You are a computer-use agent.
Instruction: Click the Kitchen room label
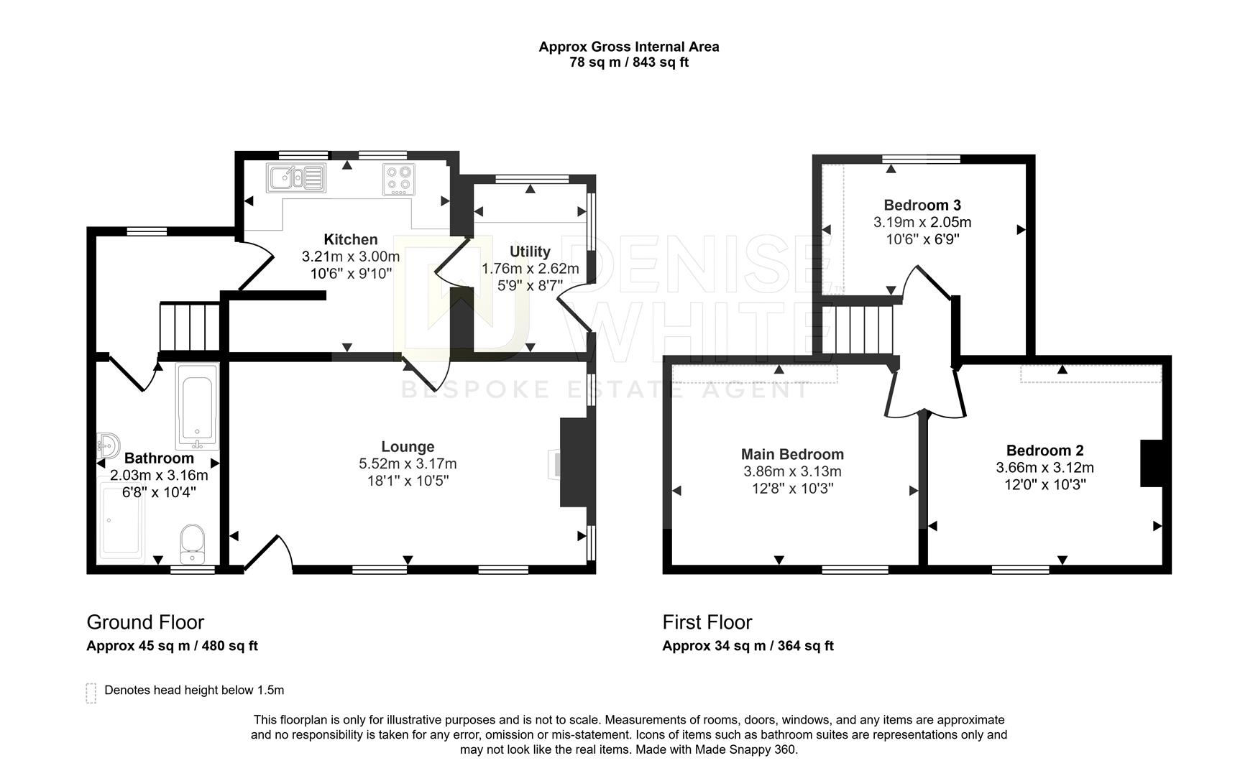(350, 240)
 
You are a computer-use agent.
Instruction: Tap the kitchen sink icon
(295, 177)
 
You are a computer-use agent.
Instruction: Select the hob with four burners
(399, 179)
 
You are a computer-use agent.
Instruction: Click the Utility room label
(530, 251)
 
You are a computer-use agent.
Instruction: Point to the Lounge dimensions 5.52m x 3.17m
(408, 464)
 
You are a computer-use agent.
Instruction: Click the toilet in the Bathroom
(192, 544)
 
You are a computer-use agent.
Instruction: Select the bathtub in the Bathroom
(196, 406)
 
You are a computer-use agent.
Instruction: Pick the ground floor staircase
(189, 327)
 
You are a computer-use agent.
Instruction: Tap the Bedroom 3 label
(922, 205)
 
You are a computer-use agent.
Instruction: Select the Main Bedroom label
(792, 454)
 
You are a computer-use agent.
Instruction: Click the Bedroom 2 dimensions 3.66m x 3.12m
(1044, 468)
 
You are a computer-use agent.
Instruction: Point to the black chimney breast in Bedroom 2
(1151, 463)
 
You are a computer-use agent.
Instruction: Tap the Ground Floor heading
(145, 622)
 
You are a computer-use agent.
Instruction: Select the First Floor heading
(707, 622)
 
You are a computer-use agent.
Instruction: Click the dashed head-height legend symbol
(91, 693)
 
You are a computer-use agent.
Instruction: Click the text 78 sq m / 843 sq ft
(629, 63)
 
